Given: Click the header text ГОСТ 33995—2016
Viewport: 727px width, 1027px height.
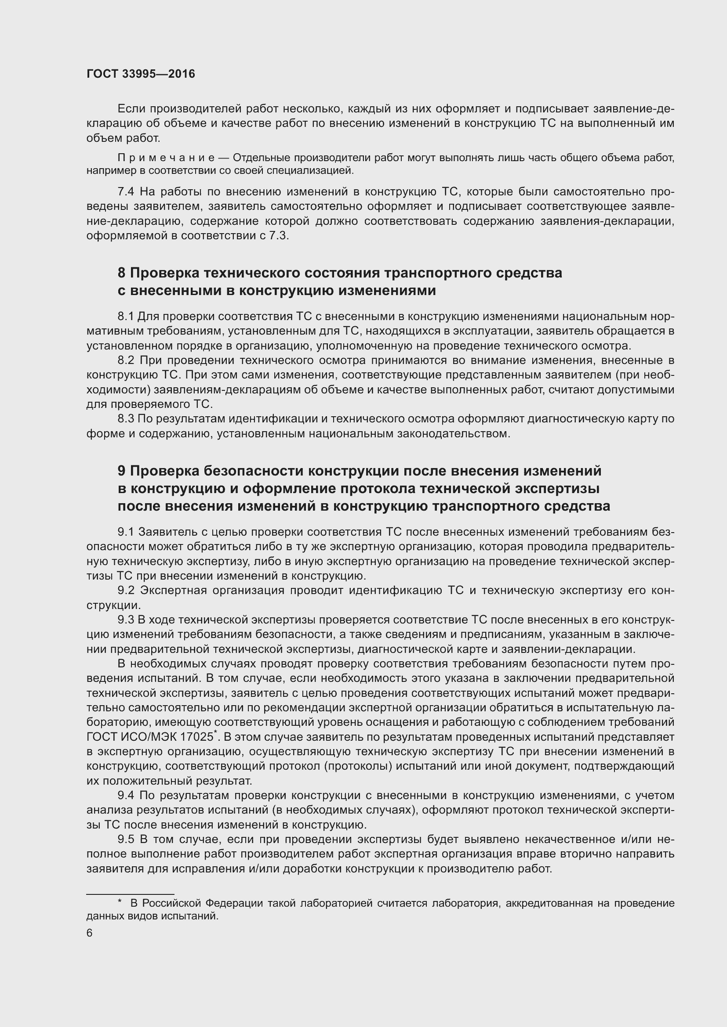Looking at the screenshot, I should point(141,74).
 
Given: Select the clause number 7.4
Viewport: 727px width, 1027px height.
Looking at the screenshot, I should point(126,192).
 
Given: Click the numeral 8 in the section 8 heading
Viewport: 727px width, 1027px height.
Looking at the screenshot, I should point(121,273).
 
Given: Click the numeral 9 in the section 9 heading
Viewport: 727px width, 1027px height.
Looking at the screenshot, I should point(121,471).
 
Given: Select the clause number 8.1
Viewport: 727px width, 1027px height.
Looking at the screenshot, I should point(126,317).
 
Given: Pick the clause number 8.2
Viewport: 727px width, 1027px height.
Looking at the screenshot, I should point(126,360).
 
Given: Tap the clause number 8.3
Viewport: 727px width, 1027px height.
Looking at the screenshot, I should point(126,419).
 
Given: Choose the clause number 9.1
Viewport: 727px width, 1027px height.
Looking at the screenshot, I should point(126,532).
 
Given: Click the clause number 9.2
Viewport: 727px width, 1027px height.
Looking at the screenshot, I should point(126,591).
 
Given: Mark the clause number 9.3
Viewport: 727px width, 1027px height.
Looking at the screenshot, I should point(126,620).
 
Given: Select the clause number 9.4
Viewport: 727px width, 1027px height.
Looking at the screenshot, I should point(126,795).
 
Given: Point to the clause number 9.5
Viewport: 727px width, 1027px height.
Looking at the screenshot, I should point(126,839).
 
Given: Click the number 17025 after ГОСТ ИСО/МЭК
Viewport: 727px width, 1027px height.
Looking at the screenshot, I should point(197,737).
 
